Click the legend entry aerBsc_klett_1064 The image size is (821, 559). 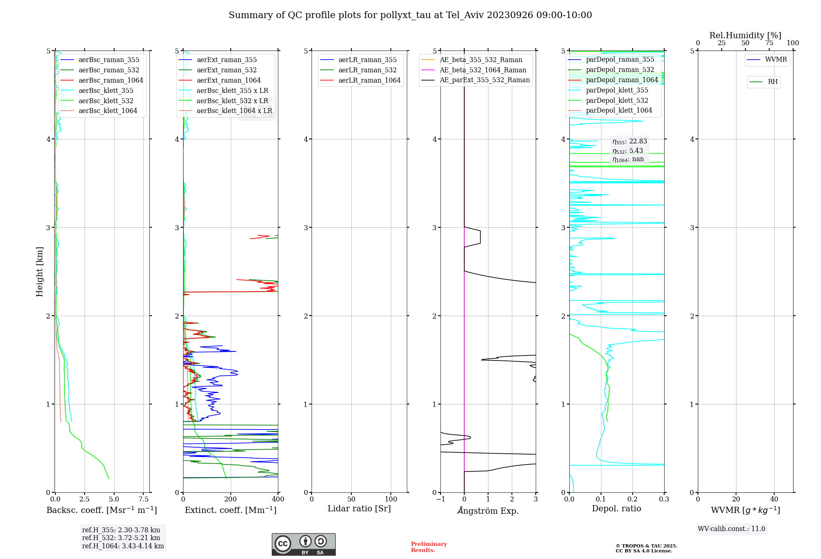pyautogui.click(x=108, y=111)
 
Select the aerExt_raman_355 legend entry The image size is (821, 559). pyautogui.click(x=227, y=60)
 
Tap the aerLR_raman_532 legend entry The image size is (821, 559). pyautogui.click(x=367, y=70)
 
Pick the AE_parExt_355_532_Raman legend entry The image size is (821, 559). pyautogui.click(x=484, y=80)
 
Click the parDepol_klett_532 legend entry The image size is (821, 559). pyautogui.click(x=617, y=101)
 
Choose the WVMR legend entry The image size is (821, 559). pyautogui.click(x=776, y=60)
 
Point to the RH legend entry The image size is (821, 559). pyautogui.click(x=773, y=82)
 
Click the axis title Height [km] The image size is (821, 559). pyautogui.click(x=39, y=272)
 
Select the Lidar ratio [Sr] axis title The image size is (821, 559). pyautogui.click(x=359, y=509)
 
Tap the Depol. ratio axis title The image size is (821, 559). pyautogui.click(x=616, y=509)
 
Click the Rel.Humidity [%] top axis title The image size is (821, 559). pyautogui.click(x=745, y=36)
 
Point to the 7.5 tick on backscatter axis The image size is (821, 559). pyautogui.click(x=143, y=499)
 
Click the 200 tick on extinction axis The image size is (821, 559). pyautogui.click(x=231, y=499)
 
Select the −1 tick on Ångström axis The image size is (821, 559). pyautogui.click(x=440, y=499)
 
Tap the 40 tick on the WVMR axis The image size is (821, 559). pyautogui.click(x=774, y=499)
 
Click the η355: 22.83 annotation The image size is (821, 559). pyautogui.click(x=630, y=142)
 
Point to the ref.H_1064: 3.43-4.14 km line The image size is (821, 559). pyautogui.click(x=123, y=546)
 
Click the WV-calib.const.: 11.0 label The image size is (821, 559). pyautogui.click(x=731, y=529)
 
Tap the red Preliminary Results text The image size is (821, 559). pyautogui.click(x=429, y=547)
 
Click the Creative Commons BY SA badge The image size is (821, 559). pyautogui.click(x=303, y=545)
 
